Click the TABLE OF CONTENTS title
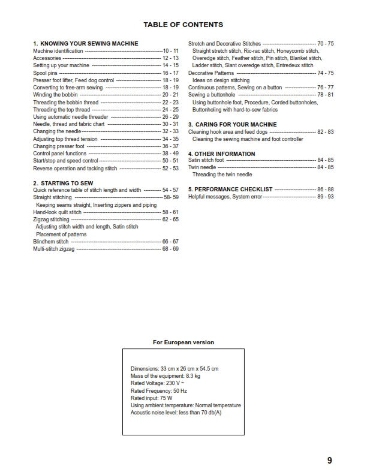(x=183, y=25)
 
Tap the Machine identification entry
(x=58, y=52)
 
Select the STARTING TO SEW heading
(x=66, y=183)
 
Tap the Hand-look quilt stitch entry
(x=57, y=212)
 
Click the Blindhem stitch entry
(x=51, y=241)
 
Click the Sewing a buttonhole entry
(x=213, y=95)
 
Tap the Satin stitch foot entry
(x=206, y=160)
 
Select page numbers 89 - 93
(x=326, y=197)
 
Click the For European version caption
(x=183, y=342)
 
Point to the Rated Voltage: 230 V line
(x=157, y=383)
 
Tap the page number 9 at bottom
(x=330, y=460)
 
